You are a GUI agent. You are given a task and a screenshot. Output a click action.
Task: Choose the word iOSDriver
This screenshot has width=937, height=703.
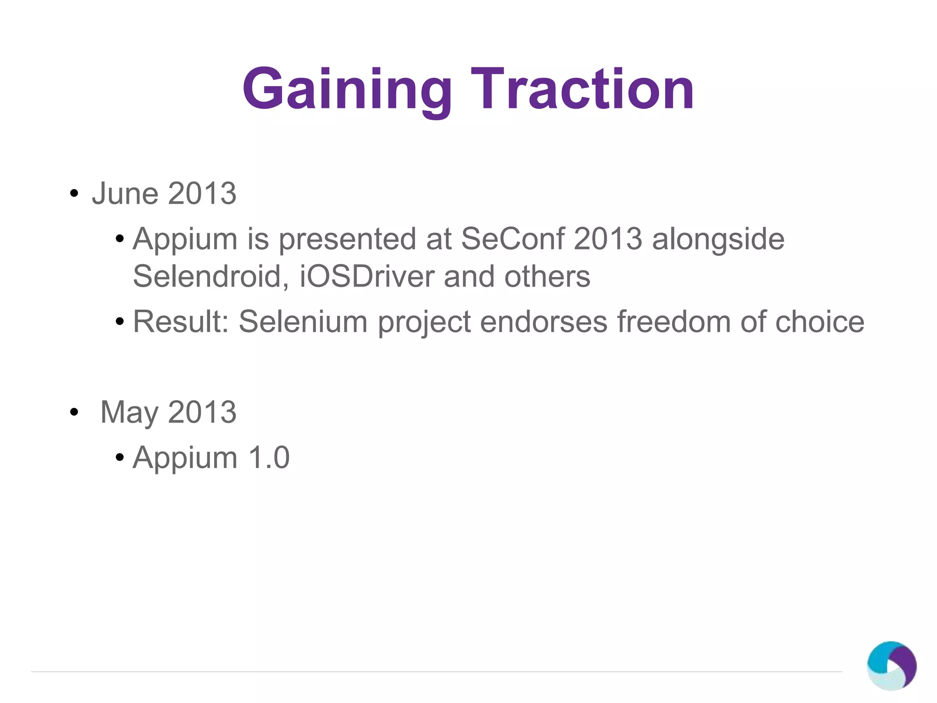click(x=366, y=276)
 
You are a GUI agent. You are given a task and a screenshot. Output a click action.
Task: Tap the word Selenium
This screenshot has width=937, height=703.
click(x=303, y=321)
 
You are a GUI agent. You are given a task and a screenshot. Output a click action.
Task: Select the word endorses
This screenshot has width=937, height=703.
click(x=544, y=321)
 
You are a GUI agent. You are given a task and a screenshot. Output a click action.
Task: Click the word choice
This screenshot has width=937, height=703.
click(x=819, y=321)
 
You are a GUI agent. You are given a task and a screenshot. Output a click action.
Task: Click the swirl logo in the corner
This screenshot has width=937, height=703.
click(x=891, y=665)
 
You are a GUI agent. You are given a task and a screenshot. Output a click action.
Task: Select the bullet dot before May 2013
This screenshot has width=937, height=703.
click(x=74, y=412)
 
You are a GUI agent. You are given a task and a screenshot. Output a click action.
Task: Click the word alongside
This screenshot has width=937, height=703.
click(x=718, y=239)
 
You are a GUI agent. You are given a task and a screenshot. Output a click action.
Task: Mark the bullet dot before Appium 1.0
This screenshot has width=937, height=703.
click(x=120, y=457)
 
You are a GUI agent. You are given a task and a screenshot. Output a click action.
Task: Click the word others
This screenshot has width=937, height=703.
click(x=547, y=276)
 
